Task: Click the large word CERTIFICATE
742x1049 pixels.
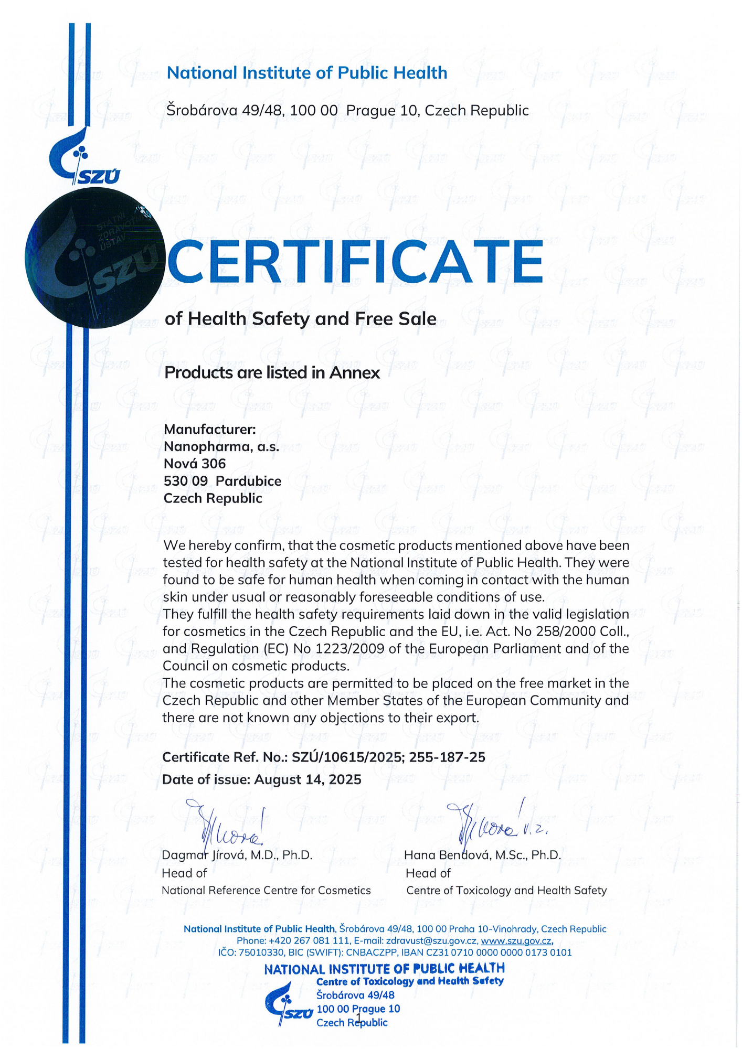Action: point(354,261)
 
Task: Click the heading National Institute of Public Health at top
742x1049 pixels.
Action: point(307,73)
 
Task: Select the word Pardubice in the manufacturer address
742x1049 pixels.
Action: point(248,481)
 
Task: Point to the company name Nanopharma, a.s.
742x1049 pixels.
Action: point(221,446)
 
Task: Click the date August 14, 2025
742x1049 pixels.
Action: point(308,779)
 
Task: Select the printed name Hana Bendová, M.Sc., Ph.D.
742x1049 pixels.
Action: point(482,855)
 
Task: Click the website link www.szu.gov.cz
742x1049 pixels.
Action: point(516,940)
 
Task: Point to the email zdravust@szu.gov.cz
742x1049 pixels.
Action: point(431,940)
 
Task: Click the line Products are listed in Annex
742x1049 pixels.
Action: point(272,373)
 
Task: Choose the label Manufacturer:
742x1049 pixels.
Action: point(210,429)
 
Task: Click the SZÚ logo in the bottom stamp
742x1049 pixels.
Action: point(288,1007)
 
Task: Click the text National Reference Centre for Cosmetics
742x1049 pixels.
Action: point(266,890)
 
